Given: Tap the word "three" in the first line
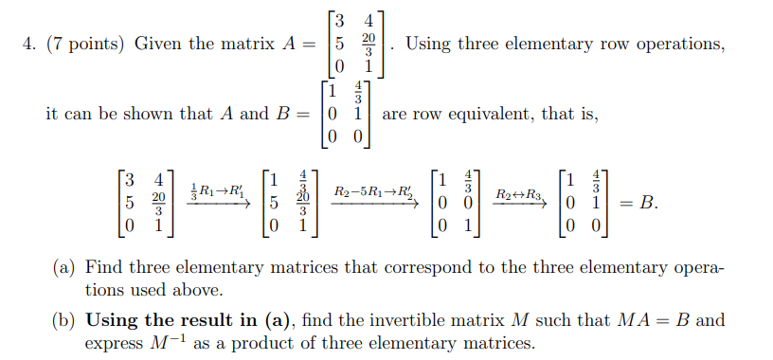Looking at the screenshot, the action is pyautogui.click(x=526, y=44).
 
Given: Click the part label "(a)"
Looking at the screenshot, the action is pyautogui.click(x=65, y=269).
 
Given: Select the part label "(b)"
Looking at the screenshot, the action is pyautogui.click(x=65, y=320).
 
